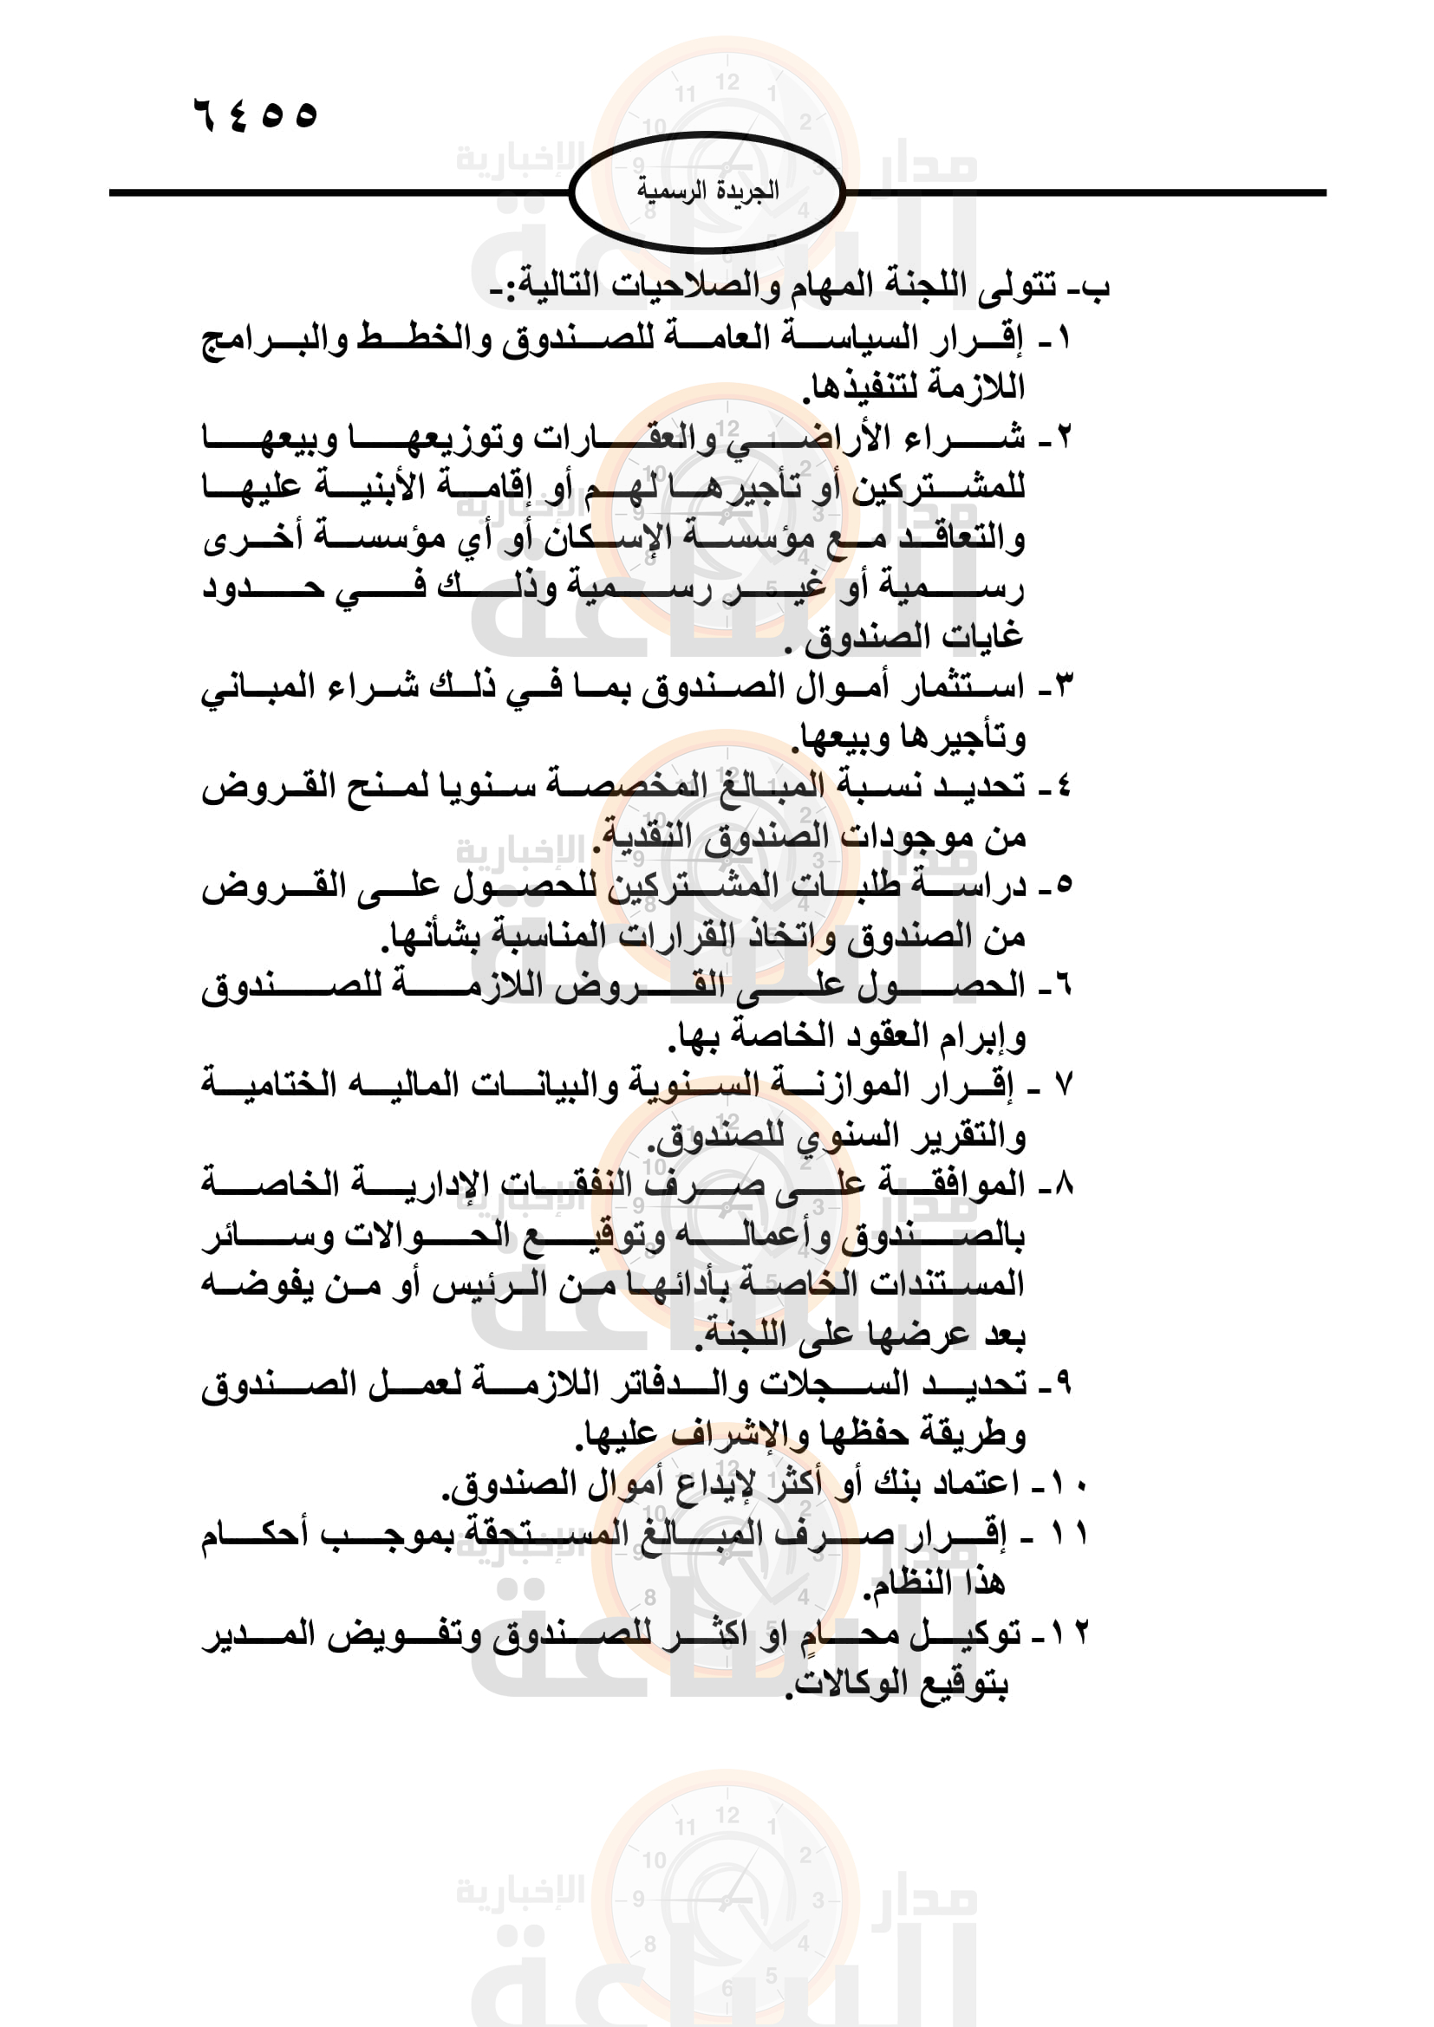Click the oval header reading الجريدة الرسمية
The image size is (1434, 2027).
coord(707,191)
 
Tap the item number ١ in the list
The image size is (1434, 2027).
coord(1063,337)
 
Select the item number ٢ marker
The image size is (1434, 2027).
coord(1063,436)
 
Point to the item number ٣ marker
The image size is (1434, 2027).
coord(1063,685)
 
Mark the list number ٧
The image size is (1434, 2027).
coord(1063,1084)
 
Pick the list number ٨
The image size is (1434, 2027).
coord(1063,1184)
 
